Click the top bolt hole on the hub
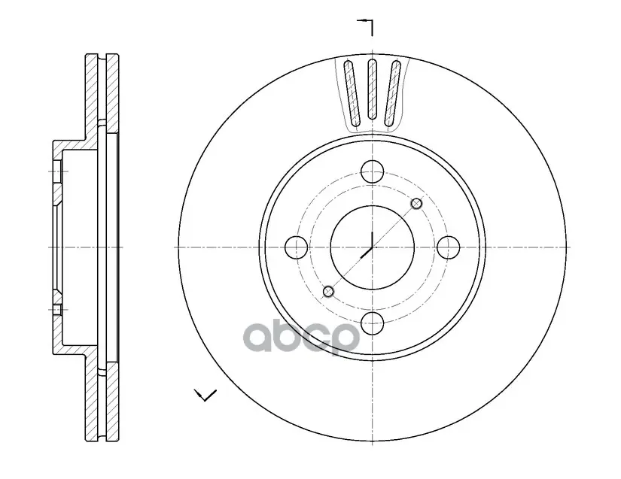click(x=373, y=171)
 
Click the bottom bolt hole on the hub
click(x=373, y=323)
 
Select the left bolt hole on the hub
click(x=297, y=247)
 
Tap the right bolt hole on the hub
click(x=449, y=247)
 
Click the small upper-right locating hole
click(x=416, y=204)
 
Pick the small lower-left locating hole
click(x=328, y=292)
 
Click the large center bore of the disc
click(x=373, y=247)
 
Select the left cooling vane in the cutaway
click(x=352, y=94)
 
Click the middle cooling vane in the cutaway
click(x=372, y=89)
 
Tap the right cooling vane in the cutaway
click(x=392, y=94)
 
